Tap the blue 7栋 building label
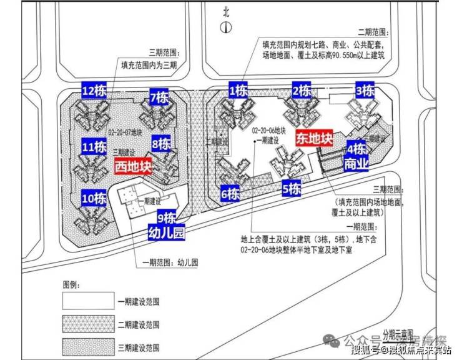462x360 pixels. point(159,97)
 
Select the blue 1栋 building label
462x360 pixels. point(238,91)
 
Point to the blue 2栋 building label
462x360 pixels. point(302,91)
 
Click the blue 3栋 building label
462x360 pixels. point(364,91)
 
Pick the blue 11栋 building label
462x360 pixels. point(94,147)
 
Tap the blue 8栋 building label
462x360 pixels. point(161,144)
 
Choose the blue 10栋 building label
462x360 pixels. point(94,199)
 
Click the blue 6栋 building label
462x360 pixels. point(230,194)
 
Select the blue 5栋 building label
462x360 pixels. point(292,188)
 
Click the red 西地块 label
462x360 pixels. point(133,167)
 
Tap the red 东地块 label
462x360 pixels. point(313,138)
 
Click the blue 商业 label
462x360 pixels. point(356,164)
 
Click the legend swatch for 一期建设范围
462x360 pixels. point(88,302)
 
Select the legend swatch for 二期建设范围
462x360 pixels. point(88,324)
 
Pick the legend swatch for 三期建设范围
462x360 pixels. point(88,347)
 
